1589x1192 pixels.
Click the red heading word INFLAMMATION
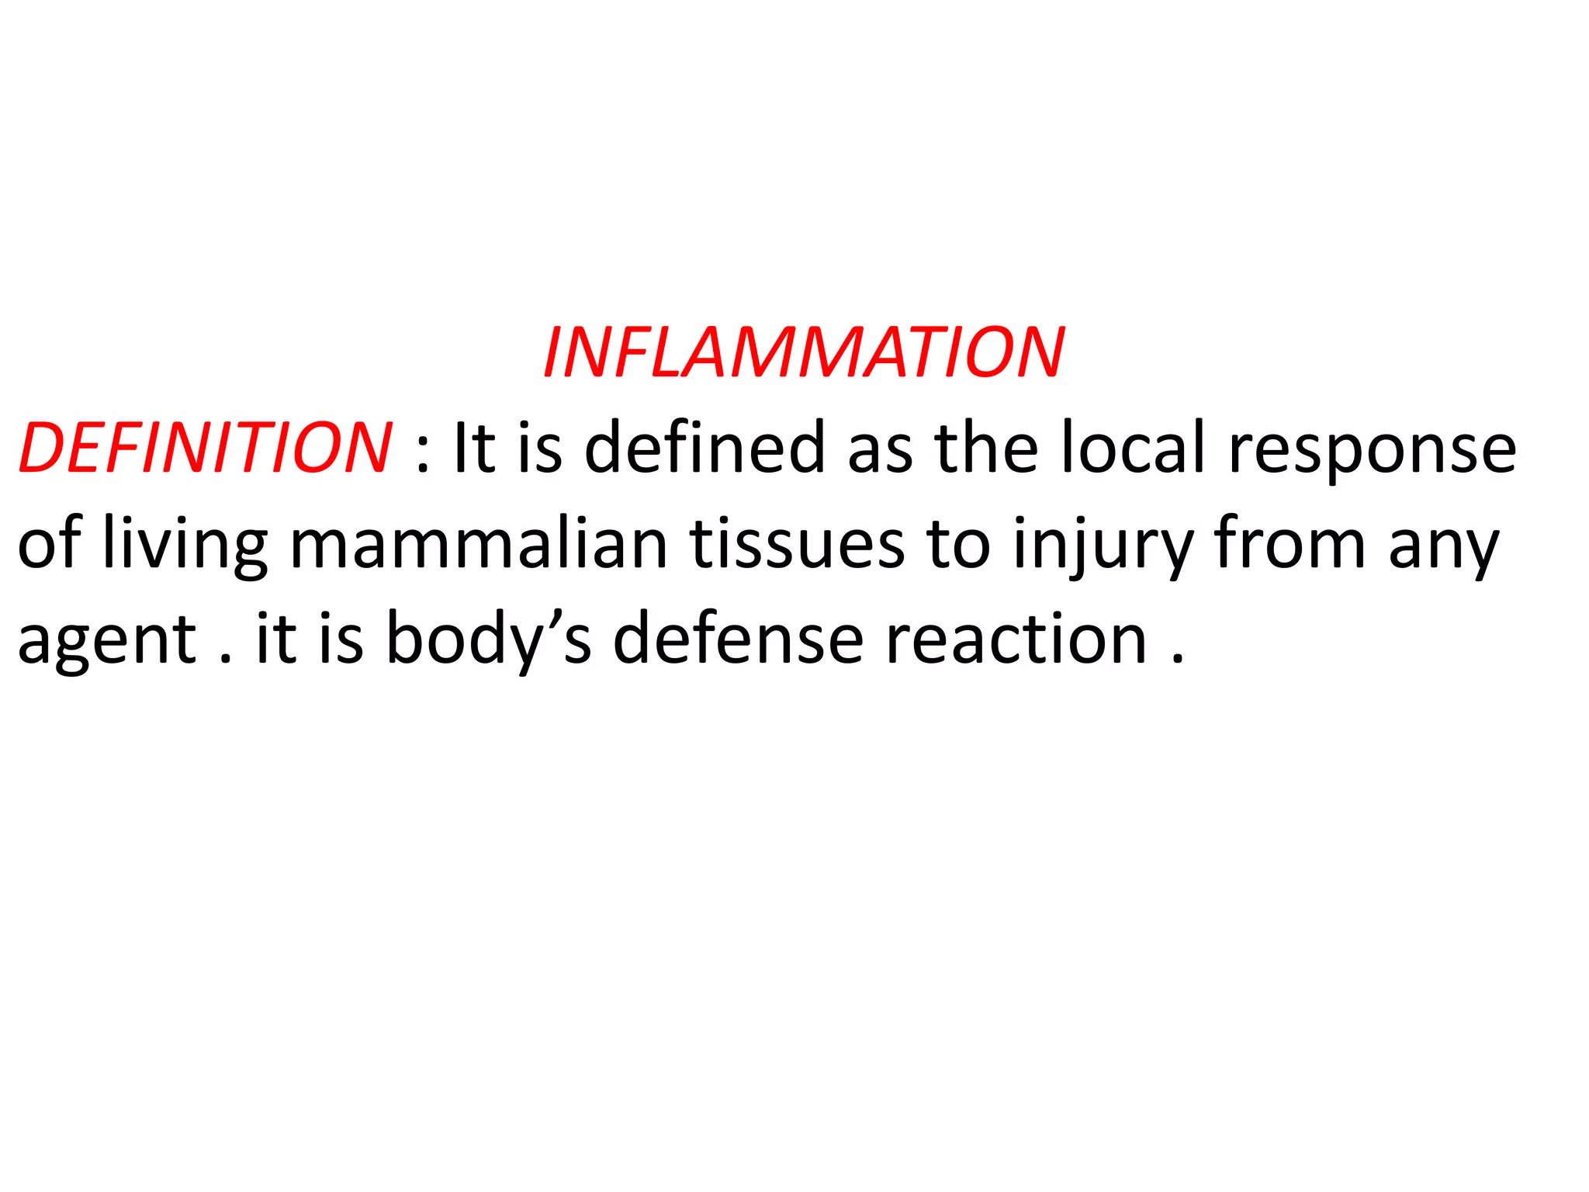click(804, 353)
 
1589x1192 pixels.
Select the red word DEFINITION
click(206, 448)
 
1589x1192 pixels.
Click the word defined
click(704, 448)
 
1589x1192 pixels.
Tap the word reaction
click(1016, 641)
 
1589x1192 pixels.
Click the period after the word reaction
click(1178, 660)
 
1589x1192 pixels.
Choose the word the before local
click(986, 448)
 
